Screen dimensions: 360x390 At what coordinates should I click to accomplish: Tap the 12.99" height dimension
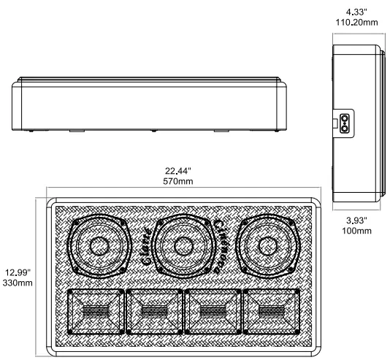tap(16, 271)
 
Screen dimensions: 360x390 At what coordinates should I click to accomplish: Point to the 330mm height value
tap(16, 282)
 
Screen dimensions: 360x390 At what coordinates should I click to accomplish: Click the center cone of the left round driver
tap(99, 247)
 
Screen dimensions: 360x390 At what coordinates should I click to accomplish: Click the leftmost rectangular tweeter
tap(94, 312)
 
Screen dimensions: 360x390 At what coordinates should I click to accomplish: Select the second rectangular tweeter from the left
tap(153, 312)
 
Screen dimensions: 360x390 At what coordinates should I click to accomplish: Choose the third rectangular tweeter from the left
tap(211, 312)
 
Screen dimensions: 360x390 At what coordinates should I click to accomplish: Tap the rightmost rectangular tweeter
tap(269, 312)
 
